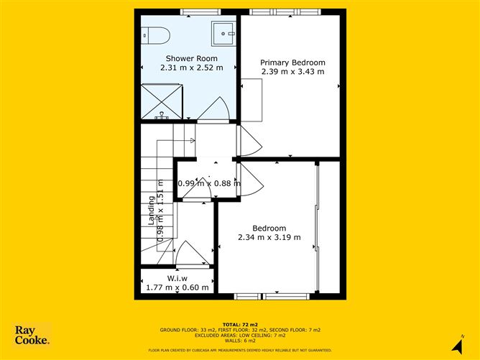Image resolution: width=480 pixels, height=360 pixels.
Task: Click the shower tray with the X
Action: point(162,101)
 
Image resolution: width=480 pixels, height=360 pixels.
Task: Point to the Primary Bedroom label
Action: point(292,62)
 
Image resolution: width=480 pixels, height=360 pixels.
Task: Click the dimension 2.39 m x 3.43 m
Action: point(292,71)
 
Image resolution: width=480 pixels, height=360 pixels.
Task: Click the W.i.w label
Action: point(177,278)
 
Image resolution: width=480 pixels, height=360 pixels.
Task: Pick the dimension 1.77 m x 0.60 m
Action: point(177,287)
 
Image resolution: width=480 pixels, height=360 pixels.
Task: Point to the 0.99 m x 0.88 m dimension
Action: point(208,183)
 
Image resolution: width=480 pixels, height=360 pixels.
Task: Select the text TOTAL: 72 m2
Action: point(239,325)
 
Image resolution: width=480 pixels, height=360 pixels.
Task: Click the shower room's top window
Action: point(200,11)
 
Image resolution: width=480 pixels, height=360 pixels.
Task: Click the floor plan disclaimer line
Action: point(239,351)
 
